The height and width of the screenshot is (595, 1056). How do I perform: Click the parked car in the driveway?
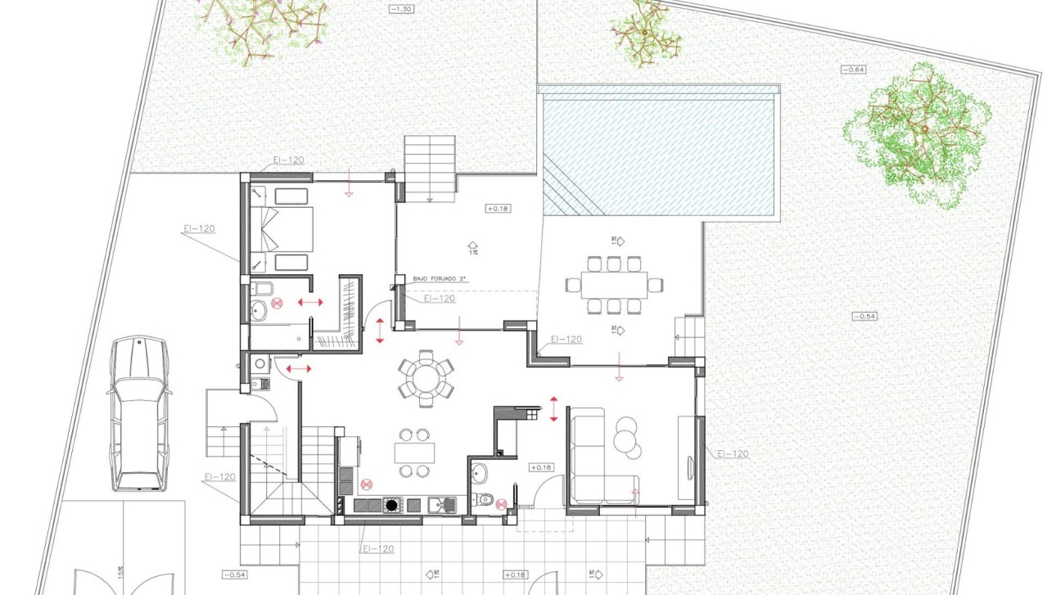pyautogui.click(x=138, y=413)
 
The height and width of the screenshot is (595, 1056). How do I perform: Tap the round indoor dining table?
pyautogui.click(x=426, y=378)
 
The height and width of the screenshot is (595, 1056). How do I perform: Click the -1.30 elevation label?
pyautogui.click(x=403, y=9)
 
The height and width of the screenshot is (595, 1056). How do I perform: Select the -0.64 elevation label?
pyautogui.click(x=853, y=70)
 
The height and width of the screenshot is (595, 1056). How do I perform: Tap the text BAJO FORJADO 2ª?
pyautogui.click(x=440, y=280)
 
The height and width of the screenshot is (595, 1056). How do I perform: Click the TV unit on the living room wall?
pyautogui.click(x=686, y=458)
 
